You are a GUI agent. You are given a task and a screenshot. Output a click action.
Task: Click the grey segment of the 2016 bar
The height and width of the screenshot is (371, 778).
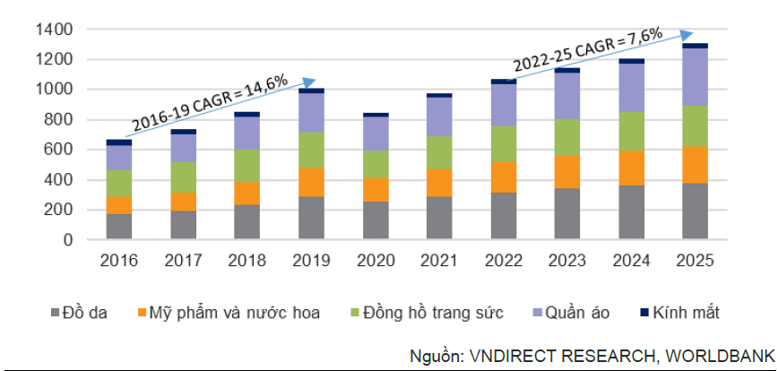click(119, 227)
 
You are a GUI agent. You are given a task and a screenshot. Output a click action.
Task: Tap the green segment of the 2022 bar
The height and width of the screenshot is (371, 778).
click(504, 144)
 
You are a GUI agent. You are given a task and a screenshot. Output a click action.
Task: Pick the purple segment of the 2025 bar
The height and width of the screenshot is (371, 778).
click(695, 76)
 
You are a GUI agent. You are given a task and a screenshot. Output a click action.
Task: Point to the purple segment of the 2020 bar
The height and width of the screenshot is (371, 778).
click(376, 134)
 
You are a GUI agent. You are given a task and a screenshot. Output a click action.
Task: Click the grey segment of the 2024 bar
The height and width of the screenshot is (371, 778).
click(631, 212)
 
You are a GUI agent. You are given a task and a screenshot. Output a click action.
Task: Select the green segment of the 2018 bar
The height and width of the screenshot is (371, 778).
click(247, 166)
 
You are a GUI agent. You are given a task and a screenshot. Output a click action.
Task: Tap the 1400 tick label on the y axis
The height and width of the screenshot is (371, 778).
click(55, 30)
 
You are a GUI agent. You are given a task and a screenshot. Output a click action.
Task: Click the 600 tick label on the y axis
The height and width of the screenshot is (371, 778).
click(60, 150)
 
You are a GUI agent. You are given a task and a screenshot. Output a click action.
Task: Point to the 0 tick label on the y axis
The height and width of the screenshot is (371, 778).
click(68, 240)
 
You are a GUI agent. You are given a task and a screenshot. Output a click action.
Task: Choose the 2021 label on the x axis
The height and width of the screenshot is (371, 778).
click(439, 263)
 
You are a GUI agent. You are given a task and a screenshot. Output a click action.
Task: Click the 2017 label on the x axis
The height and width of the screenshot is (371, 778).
click(183, 263)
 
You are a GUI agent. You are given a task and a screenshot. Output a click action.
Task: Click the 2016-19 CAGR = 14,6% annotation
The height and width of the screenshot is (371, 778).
click(210, 103)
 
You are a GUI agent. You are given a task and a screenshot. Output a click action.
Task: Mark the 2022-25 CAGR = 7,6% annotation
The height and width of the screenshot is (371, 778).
click(587, 50)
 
